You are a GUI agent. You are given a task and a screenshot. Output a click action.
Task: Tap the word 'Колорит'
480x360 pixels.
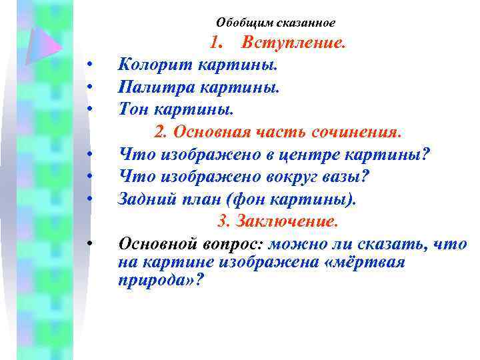tap(149, 65)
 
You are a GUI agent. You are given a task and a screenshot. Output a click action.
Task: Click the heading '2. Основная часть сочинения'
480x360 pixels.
tap(278, 131)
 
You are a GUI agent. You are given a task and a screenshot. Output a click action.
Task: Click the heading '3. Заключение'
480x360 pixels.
tap(278, 221)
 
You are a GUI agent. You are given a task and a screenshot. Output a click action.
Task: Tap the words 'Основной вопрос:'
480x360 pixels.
tap(175, 243)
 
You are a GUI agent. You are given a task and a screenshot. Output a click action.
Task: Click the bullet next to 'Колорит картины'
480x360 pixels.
tap(88, 65)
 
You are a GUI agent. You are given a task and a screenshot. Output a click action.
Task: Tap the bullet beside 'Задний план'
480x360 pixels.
tap(88, 198)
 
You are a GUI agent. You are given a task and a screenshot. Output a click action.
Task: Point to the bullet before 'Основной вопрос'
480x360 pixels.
tap(88, 243)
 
